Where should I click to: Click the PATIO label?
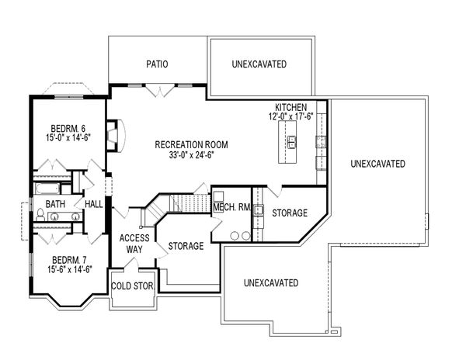coord(157,64)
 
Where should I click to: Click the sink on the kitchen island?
coord(293,141)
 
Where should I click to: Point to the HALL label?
coord(94,204)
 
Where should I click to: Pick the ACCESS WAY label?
coord(134,244)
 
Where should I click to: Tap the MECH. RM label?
coord(232,207)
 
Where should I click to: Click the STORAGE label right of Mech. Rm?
coord(289,213)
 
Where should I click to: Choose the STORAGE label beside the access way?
coord(186,246)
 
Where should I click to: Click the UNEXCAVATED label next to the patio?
coord(258,64)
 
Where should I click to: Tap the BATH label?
coord(55,204)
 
